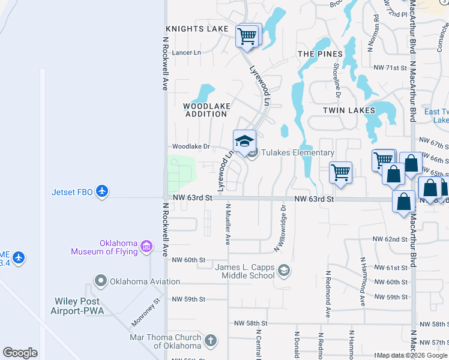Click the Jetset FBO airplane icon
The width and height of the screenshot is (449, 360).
[103, 191]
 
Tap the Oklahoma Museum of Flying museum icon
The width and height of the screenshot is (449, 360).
[146, 246]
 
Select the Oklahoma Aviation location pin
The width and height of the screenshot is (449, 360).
[100, 281]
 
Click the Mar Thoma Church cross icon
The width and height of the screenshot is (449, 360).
[210, 341]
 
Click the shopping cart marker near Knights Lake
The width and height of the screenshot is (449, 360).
[247, 37]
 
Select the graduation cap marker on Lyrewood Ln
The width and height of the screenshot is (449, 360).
[244, 142]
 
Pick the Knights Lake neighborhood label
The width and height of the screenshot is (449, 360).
[197, 29]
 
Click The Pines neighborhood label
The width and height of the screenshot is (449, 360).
[315, 54]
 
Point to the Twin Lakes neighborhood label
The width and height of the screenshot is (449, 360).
[349, 110]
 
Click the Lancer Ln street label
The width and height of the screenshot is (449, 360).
[187, 53]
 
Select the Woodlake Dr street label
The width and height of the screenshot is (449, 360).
[191, 146]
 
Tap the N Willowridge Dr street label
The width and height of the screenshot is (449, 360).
[280, 228]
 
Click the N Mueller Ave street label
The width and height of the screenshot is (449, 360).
[228, 224]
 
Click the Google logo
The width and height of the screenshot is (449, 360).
[20, 353]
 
